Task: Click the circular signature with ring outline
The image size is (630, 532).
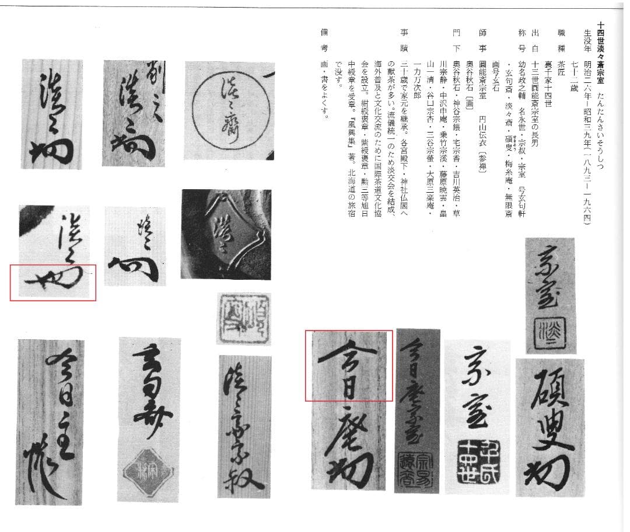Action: [224, 110]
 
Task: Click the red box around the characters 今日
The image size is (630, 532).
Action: [349, 365]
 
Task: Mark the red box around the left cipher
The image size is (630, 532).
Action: [52, 282]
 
